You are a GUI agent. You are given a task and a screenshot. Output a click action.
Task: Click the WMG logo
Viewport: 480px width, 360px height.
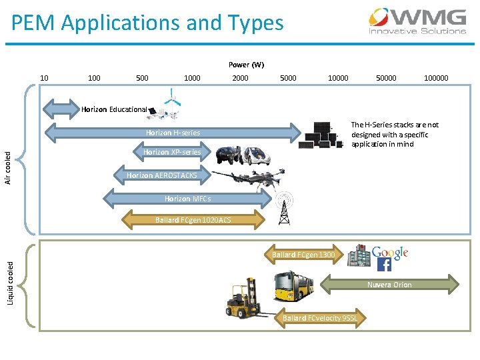pyautogui.click(x=418, y=21)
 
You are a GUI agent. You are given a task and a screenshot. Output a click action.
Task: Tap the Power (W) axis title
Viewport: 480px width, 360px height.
pyautogui.click(x=246, y=65)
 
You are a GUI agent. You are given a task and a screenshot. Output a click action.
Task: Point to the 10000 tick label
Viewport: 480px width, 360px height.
pyautogui.click(x=337, y=78)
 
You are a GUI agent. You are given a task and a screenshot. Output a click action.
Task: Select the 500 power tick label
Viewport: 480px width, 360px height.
pyautogui.click(x=142, y=78)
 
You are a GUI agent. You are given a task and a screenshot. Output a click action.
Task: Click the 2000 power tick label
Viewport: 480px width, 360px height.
pyautogui.click(x=240, y=78)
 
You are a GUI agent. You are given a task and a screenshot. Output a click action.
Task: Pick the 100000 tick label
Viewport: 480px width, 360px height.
pyautogui.click(x=436, y=78)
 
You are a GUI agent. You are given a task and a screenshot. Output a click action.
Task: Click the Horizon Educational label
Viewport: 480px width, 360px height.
pyautogui.click(x=114, y=109)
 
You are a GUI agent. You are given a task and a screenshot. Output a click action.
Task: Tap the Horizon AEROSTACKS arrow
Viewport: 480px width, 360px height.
pyautogui.click(x=161, y=175)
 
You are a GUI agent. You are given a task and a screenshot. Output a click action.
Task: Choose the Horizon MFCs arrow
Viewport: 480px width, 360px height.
pyautogui.click(x=187, y=199)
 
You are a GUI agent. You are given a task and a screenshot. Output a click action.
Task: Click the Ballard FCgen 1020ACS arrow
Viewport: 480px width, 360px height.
pyautogui.click(x=193, y=219)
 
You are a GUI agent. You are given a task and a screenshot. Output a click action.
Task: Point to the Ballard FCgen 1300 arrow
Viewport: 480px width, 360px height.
pyautogui.click(x=304, y=255)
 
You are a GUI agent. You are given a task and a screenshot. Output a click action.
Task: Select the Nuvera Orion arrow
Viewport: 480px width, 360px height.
pyautogui.click(x=390, y=285)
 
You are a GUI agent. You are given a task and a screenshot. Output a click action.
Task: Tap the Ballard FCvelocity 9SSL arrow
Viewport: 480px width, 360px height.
pyautogui.click(x=319, y=318)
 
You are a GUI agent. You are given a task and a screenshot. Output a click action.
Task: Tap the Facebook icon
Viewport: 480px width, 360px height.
pyautogui.click(x=384, y=265)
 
